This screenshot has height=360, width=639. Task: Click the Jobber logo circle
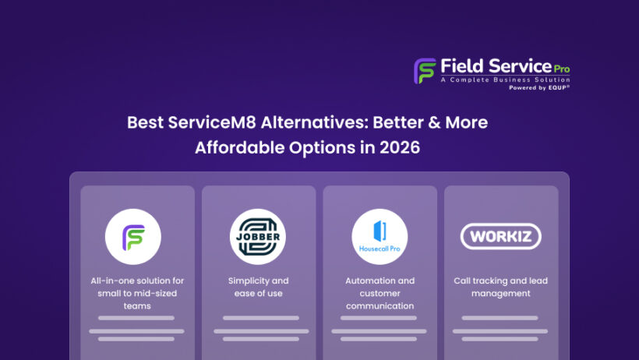pyautogui.click(x=258, y=237)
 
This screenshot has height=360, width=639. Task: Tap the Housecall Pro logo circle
pyautogui.click(x=380, y=237)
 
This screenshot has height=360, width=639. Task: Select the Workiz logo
pyautogui.click(x=501, y=236)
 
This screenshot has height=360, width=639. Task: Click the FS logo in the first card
pyautogui.click(x=133, y=237)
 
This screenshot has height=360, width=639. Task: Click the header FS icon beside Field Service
pyautogui.click(x=425, y=70)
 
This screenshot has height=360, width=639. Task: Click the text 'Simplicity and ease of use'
pyautogui.click(x=258, y=287)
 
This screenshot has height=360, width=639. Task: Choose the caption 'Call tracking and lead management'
pyautogui.click(x=501, y=287)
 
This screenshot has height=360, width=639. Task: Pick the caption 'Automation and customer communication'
pyautogui.click(x=380, y=293)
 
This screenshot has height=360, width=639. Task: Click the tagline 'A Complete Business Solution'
pyautogui.click(x=505, y=79)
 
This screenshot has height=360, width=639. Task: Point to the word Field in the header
pyautogui.click(x=461, y=65)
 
